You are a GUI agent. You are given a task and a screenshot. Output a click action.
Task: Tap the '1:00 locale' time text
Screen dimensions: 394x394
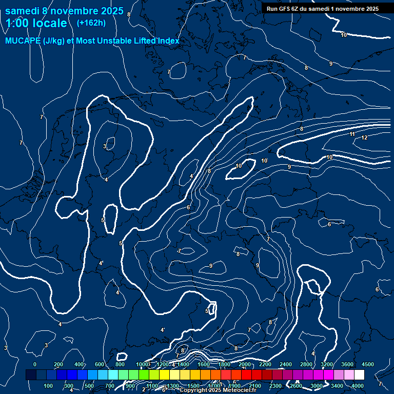point(36,23)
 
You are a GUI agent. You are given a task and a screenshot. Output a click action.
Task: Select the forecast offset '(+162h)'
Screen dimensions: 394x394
point(91,23)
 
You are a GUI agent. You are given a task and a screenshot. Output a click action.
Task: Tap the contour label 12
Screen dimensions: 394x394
point(364,137)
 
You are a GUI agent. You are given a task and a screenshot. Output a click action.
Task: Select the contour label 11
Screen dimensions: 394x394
point(352,134)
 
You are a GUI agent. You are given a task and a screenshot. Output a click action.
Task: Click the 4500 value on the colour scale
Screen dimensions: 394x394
point(367,364)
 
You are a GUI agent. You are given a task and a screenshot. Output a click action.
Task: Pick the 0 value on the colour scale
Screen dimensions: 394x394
point(35,364)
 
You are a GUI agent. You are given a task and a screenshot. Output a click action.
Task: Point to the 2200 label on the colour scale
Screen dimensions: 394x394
point(265,364)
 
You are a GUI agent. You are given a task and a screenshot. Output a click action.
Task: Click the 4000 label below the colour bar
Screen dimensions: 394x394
point(358,386)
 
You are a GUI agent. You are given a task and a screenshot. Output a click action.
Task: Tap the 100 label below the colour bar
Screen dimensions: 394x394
point(49,386)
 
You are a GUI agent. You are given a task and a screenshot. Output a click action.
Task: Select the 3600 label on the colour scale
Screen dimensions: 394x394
point(347,364)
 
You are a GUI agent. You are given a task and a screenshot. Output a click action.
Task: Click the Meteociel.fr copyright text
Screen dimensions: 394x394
point(218,390)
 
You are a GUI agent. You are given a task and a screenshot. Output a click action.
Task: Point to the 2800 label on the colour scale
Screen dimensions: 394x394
point(306,364)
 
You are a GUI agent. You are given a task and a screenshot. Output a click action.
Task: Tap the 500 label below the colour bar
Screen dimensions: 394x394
point(90,386)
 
